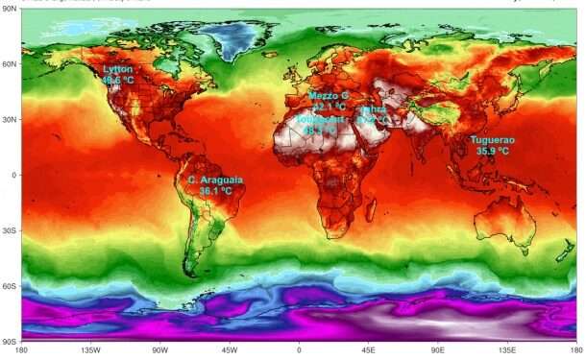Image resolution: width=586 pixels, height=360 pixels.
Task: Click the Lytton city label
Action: [x=117, y=69]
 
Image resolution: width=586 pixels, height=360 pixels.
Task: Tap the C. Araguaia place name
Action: [x=216, y=180]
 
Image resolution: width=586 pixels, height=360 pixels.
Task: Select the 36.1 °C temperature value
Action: [x=216, y=191]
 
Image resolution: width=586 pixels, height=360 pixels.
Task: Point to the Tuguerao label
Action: [x=492, y=140]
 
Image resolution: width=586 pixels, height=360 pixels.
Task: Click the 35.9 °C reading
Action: [x=492, y=152]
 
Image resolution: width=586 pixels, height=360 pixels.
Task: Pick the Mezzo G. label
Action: [x=329, y=97]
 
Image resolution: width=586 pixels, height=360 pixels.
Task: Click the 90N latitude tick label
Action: [x=9, y=10]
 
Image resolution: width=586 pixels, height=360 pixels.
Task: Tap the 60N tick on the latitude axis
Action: [x=9, y=64]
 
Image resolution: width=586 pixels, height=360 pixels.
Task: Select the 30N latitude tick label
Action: [x=9, y=120]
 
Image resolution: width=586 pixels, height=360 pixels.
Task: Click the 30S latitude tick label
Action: [x=9, y=230]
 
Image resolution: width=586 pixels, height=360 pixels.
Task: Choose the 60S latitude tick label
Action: [x=9, y=286]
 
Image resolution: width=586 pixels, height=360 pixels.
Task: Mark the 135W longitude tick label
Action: [x=91, y=349]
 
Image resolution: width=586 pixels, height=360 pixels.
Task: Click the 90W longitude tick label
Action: [x=160, y=349]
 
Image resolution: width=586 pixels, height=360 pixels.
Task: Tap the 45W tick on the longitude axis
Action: [x=230, y=349]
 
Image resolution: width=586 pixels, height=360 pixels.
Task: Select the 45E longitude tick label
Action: [x=368, y=349]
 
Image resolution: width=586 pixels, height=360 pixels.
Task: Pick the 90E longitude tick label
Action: [x=437, y=349]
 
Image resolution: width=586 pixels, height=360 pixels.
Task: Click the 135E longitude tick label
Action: [x=506, y=349]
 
